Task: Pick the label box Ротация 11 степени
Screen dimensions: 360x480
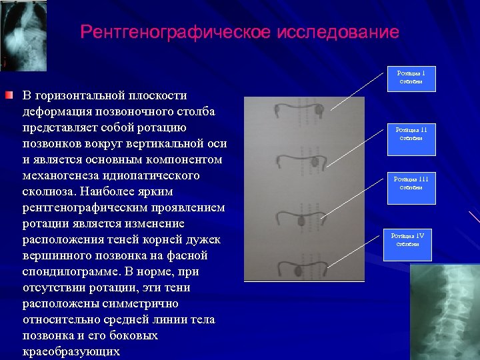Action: [x=411, y=134]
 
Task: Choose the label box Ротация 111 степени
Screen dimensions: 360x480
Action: [x=411, y=183]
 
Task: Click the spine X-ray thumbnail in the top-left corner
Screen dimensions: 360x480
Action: [x=24, y=35]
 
